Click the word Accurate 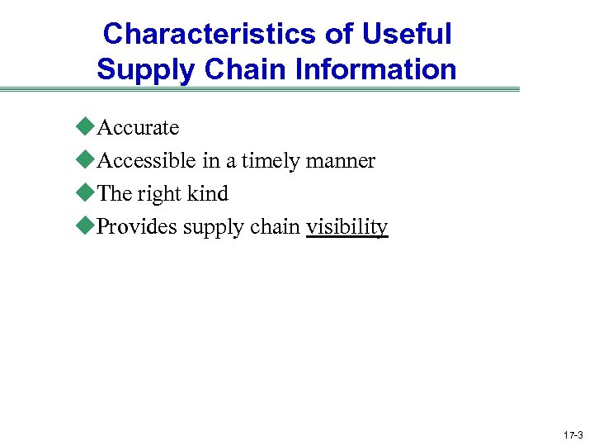point(138,127)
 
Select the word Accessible point(147,160)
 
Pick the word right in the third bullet point(160,193)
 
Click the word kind point(209,193)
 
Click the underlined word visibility point(346,226)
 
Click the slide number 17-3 point(573,434)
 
